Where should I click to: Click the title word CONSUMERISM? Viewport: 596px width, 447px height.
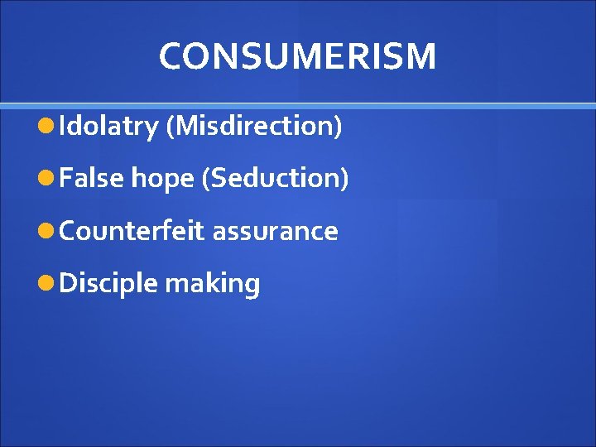[x=297, y=56]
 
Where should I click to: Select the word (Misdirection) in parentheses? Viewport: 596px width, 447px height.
[x=254, y=126]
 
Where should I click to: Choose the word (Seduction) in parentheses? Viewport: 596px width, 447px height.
[x=275, y=178]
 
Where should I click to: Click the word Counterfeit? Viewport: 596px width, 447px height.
[x=132, y=231]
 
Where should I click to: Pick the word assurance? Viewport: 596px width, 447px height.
[x=275, y=232]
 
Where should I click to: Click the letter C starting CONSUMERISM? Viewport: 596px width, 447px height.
[x=171, y=56]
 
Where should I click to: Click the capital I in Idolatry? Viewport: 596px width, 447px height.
[x=64, y=126]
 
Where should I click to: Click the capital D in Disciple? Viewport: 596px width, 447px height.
[x=69, y=283]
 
